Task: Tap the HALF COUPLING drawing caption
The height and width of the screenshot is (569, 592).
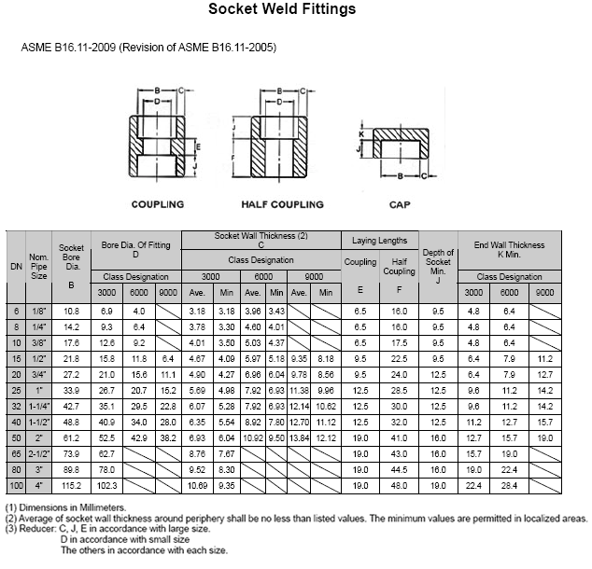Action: tap(282, 204)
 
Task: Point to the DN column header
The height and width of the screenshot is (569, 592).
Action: tap(16, 265)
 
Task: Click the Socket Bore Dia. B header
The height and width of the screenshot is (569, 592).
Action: tap(72, 265)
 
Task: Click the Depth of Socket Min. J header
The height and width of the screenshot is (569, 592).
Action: tap(438, 265)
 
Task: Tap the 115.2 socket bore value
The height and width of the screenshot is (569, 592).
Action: tap(72, 486)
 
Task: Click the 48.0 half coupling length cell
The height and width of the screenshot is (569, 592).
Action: tap(400, 486)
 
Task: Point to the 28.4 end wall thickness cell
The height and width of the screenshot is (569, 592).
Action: tap(508, 486)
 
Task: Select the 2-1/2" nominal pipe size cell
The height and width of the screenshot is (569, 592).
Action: tap(38, 453)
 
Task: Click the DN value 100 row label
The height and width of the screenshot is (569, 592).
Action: tap(16, 486)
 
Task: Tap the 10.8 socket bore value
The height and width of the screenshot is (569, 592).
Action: tap(72, 309)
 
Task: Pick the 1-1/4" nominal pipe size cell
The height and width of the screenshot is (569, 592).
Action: tap(38, 406)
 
